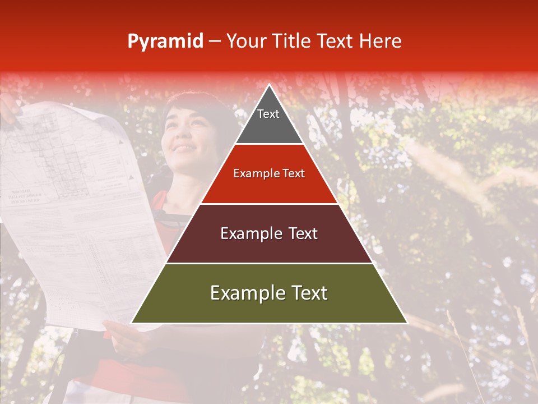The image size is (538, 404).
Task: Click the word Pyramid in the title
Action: pyautogui.click(x=165, y=42)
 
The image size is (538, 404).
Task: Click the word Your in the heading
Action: pyautogui.click(x=245, y=41)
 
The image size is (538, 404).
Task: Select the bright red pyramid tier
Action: pyautogui.click(x=269, y=188)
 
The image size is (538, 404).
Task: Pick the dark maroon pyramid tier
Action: pyautogui.click(x=269, y=247)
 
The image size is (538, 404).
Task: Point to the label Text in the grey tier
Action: pyautogui.click(x=268, y=114)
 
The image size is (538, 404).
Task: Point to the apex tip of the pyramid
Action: pyautogui.click(x=270, y=85)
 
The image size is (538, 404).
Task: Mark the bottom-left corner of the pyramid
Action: pyautogui.click(x=132, y=323)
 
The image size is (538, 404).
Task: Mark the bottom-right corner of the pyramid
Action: pyautogui.click(x=406, y=323)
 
